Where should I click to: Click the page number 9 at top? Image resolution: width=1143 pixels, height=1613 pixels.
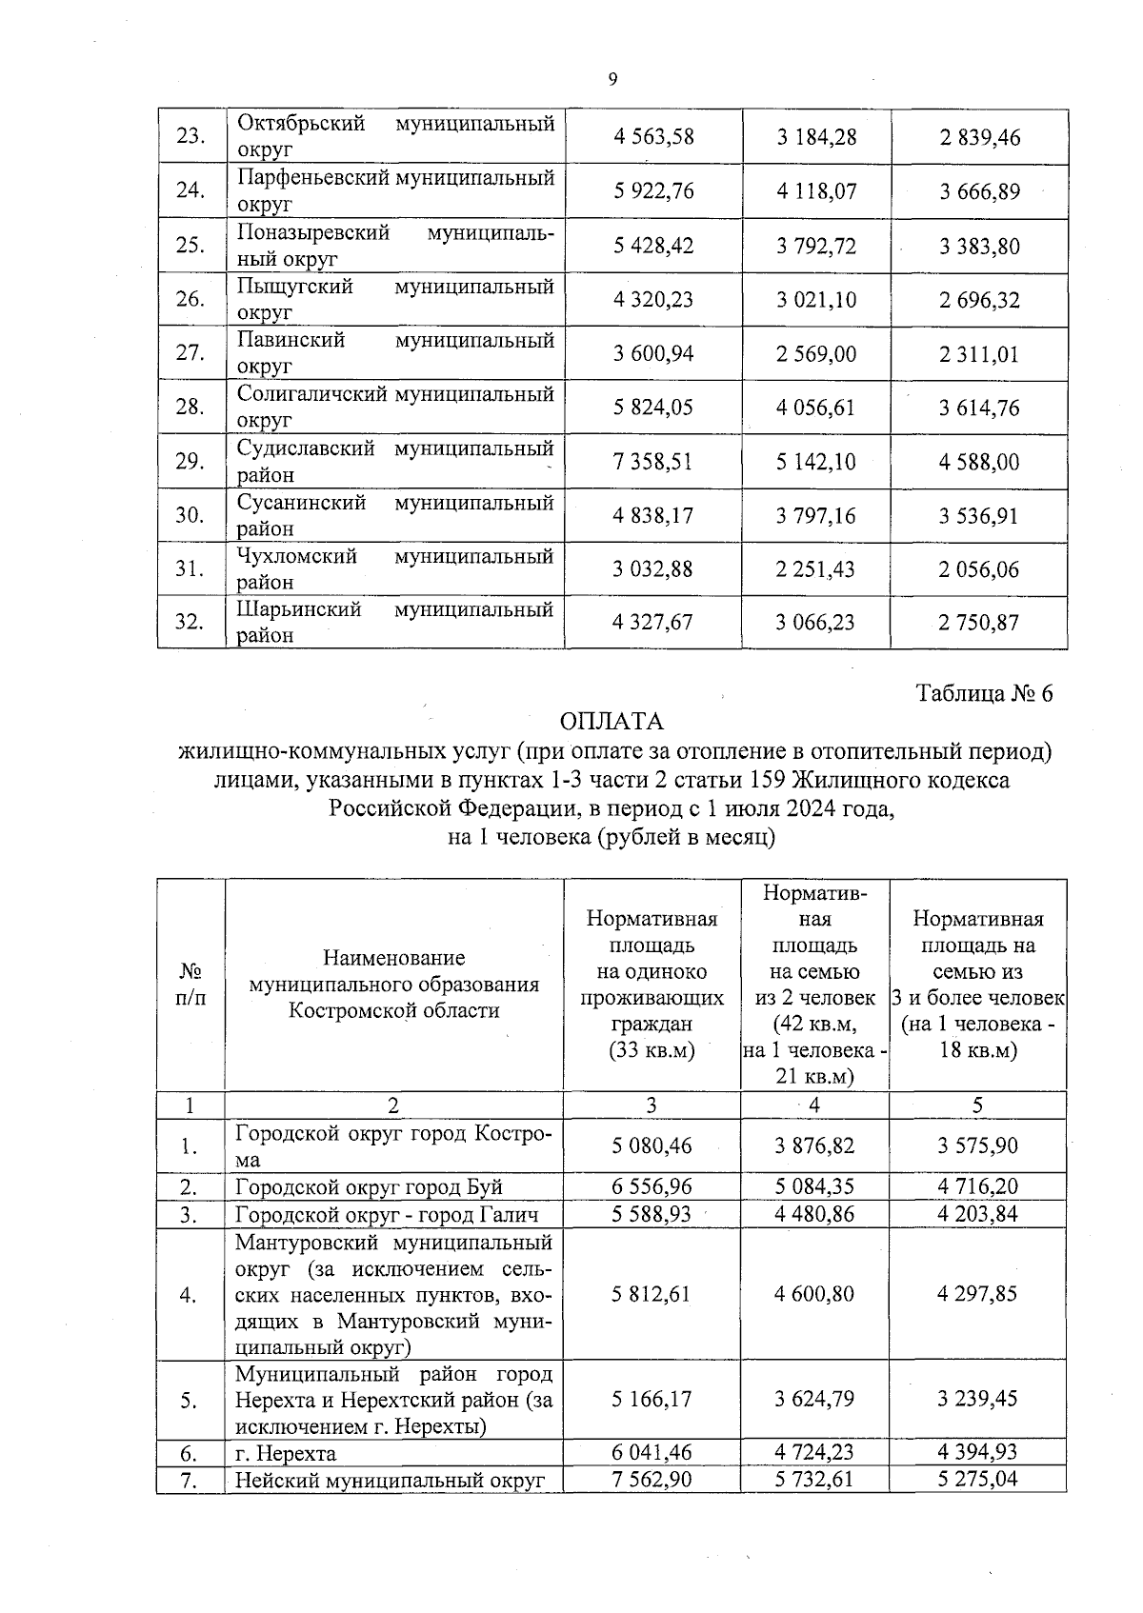(612, 79)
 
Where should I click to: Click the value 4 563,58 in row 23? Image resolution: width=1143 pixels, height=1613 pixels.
(653, 137)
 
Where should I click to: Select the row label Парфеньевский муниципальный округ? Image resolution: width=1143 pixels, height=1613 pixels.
(394, 190)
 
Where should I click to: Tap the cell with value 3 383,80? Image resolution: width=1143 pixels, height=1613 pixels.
(979, 247)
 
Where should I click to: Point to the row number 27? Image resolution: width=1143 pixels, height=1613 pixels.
(190, 353)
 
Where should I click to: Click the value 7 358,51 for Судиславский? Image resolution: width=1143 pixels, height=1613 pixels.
(653, 462)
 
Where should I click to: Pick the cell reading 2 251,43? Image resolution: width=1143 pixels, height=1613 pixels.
(815, 569)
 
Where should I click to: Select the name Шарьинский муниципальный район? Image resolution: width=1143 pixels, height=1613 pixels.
(394, 622)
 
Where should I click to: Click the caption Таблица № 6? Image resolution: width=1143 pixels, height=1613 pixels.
(984, 693)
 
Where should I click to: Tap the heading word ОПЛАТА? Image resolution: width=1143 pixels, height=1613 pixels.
(612, 722)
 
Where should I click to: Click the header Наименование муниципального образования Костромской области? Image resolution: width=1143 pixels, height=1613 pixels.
(393, 984)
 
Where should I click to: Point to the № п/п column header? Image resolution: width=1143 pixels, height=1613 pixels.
(190, 984)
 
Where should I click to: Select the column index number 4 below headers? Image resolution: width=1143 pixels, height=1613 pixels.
(814, 1105)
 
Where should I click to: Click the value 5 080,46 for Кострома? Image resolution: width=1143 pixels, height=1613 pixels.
(652, 1145)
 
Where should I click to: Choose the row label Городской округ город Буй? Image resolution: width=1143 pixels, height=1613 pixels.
(369, 1187)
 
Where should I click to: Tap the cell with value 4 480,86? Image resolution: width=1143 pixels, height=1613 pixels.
(814, 1214)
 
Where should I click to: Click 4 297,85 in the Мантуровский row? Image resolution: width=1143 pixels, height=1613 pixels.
(977, 1294)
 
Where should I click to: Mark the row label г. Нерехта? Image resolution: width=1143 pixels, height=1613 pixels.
(286, 1453)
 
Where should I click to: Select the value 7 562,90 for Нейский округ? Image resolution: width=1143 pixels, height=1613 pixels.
(652, 1479)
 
